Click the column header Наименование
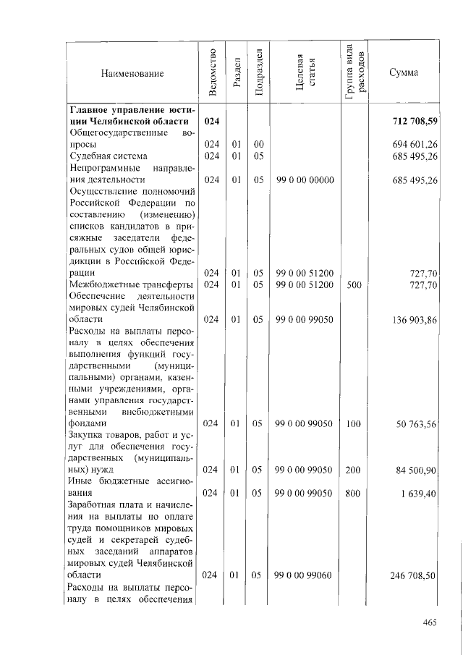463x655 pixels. tap(132, 73)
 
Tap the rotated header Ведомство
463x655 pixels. tap(212, 72)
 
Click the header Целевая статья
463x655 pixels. tap(305, 73)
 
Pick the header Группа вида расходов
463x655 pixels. tap(357, 72)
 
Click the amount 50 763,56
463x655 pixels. tap(415, 423)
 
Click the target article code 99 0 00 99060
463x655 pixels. tap(305, 575)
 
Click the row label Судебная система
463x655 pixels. tap(109, 156)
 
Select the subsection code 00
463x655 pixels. tap(258, 145)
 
